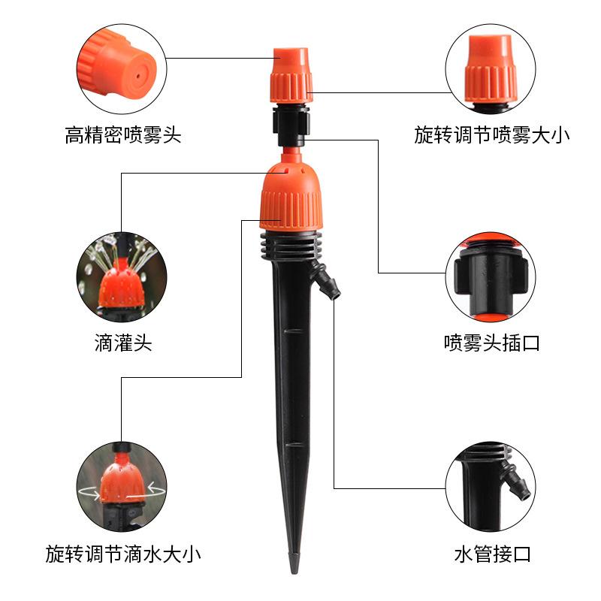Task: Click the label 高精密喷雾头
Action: [x=123, y=136]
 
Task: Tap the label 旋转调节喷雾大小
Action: [x=491, y=136]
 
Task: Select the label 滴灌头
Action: [x=123, y=344]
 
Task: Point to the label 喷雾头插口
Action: [x=491, y=344]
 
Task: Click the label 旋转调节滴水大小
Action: [x=123, y=556]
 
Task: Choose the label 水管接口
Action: [x=492, y=556]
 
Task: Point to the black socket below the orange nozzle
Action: [x=290, y=124]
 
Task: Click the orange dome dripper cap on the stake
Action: [x=290, y=197]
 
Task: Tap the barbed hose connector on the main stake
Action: [x=328, y=284]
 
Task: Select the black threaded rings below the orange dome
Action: [x=290, y=244]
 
